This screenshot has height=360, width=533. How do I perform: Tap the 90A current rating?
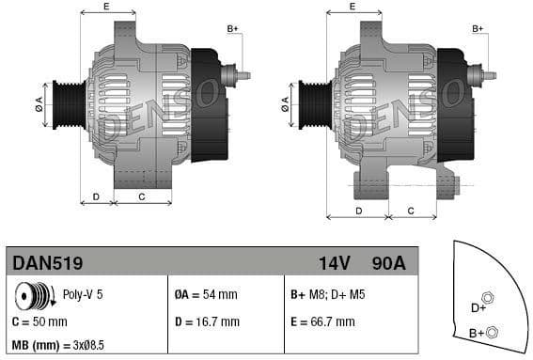coord(388,263)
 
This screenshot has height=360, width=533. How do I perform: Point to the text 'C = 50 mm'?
coord(40,321)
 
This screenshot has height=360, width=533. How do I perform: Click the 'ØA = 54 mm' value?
coord(207,294)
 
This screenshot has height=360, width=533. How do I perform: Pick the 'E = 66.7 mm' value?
coord(323,321)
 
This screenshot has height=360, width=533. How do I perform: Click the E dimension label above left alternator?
coord(105,7)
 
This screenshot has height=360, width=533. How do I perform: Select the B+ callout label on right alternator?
coord(477,28)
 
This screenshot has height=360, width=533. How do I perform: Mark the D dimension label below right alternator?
coord(359,210)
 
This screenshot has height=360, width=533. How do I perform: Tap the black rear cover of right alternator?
coord(454,103)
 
